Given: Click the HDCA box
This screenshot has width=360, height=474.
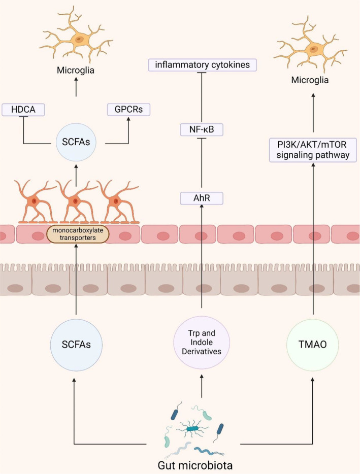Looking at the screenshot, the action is tap(23, 110).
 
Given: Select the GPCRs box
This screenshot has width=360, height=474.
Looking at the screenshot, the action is tap(128, 110).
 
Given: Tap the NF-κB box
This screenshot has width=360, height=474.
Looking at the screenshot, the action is tap(202, 130).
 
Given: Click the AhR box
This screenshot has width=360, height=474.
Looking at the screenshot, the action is tap(202, 198).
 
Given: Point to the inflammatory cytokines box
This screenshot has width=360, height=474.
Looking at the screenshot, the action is tap(203, 65).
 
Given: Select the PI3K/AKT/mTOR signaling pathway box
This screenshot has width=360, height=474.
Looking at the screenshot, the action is tap(313, 150).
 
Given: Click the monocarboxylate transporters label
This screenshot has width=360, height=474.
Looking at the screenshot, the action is tap(78, 234).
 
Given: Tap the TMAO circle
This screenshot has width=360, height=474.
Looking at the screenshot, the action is tap(312, 344).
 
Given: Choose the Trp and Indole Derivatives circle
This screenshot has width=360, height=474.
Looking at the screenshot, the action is tap(202, 343).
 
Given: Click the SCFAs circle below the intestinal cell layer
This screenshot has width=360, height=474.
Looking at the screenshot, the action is tap(76, 345).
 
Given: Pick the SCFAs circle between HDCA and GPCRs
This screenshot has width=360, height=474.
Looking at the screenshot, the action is tap(76, 142).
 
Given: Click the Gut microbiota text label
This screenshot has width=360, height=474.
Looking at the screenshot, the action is tap(195, 465).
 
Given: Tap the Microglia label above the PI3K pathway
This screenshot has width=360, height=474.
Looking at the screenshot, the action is tap(310, 80).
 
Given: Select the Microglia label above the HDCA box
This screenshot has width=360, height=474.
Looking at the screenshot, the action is tap(76, 71).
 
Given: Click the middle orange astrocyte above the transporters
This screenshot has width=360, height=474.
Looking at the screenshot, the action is tap(76, 201).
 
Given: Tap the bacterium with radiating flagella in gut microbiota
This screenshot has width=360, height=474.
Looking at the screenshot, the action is tap(192, 429).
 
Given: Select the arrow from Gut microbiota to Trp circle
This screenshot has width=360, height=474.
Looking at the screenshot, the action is tap(202, 386).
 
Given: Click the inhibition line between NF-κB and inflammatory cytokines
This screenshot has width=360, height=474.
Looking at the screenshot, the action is tap(202, 97).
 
